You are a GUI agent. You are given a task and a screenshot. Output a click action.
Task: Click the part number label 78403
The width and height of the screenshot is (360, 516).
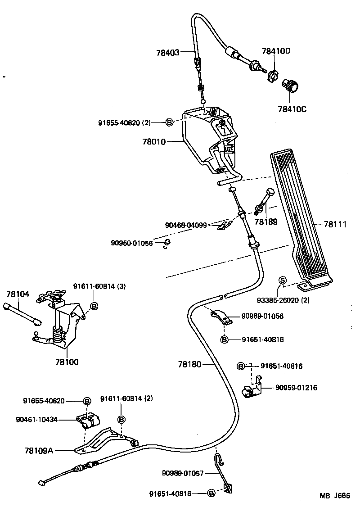168,53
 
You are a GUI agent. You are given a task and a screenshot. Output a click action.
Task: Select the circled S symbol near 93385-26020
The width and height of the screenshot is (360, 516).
283,280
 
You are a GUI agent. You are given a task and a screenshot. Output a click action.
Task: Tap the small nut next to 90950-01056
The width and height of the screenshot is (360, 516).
166,243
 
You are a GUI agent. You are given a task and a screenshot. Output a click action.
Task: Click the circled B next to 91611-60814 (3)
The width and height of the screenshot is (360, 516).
94,307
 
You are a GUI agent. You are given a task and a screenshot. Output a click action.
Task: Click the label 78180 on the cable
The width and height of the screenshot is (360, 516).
189,363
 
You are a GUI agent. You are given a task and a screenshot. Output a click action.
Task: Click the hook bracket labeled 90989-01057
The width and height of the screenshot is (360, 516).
220,468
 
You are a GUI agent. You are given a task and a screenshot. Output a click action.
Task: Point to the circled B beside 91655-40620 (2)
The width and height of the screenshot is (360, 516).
169,122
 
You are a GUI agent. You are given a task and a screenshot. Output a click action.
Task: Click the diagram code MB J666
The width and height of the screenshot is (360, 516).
335,495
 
